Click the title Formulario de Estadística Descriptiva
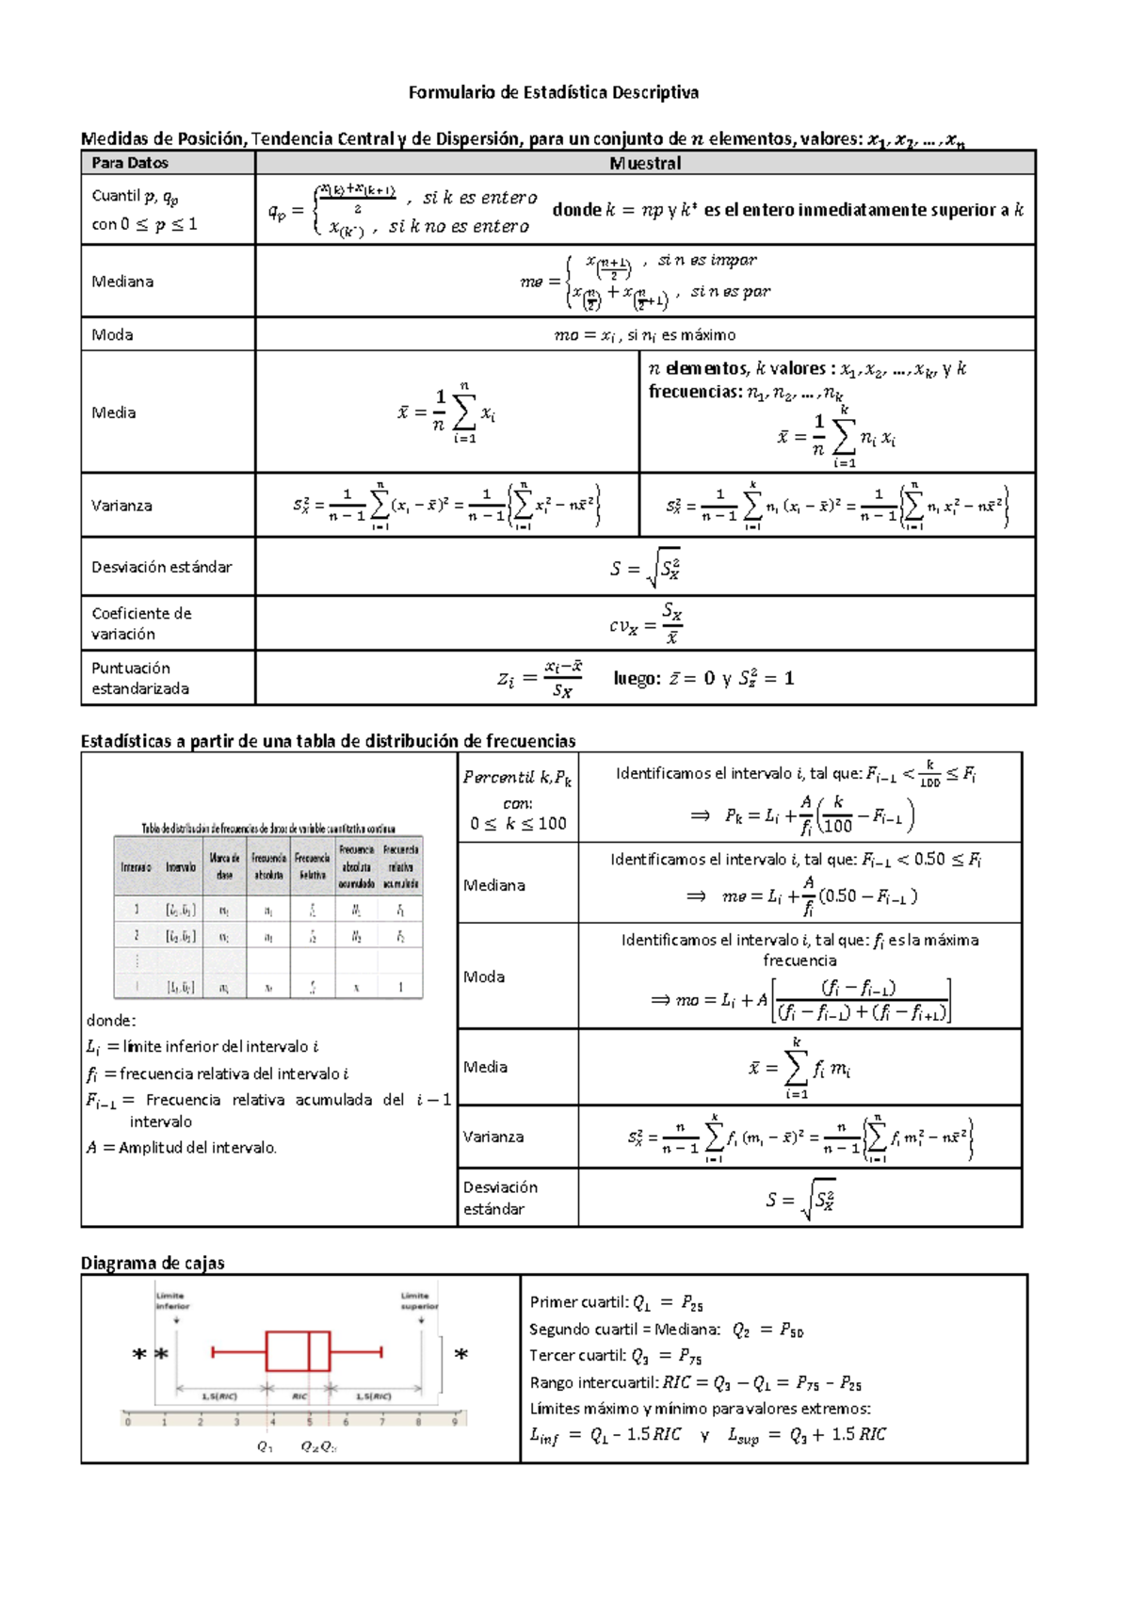(553, 92)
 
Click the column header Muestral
(645, 163)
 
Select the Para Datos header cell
(130, 163)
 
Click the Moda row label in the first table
(112, 334)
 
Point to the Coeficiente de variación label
(141, 623)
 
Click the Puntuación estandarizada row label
(139, 678)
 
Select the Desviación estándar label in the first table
(161, 567)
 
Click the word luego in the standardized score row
(635, 678)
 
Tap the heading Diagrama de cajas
(153, 1263)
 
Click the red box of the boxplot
(298, 1351)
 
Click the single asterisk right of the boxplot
(461, 1355)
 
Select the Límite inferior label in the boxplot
(172, 1300)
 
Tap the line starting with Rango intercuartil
(695, 1382)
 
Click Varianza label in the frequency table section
(493, 1137)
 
